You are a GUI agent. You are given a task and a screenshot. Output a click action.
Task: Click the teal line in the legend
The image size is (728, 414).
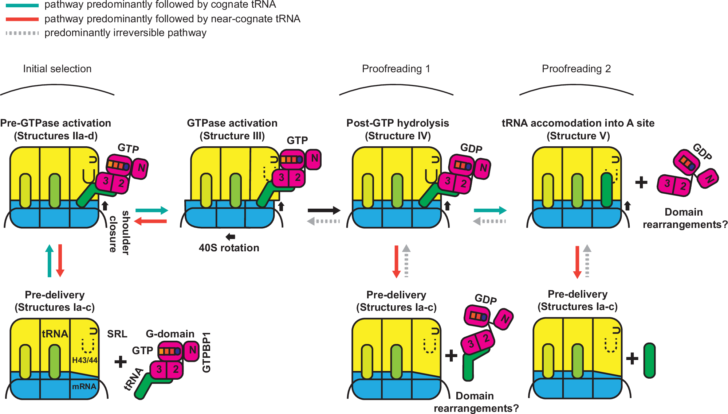(x=22, y=5)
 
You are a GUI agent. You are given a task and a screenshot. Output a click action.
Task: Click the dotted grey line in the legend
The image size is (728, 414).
(x=22, y=33)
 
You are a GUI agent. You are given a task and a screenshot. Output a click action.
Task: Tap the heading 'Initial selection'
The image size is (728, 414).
(x=57, y=69)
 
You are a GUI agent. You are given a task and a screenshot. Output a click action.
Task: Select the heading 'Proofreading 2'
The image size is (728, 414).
(x=576, y=69)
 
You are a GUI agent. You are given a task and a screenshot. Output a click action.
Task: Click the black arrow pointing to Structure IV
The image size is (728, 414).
(x=324, y=210)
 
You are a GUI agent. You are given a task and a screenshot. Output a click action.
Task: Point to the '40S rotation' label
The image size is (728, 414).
(x=229, y=248)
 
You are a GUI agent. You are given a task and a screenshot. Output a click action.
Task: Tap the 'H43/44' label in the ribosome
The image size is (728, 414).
(x=84, y=360)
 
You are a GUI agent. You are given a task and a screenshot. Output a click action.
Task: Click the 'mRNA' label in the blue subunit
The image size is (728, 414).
(x=84, y=387)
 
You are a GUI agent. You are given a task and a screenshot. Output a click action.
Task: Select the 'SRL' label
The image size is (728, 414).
(x=117, y=334)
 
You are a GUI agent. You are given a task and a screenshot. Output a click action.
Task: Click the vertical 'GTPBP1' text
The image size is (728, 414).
(x=206, y=352)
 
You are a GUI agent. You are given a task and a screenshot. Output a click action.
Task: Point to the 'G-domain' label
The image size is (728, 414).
(x=170, y=334)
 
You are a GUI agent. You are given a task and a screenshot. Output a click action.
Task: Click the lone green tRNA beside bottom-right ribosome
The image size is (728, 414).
(x=649, y=360)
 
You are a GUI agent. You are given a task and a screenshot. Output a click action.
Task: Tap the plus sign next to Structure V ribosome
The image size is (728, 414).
(x=641, y=182)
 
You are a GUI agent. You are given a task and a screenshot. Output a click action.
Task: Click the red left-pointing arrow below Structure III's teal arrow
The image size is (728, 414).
(x=150, y=221)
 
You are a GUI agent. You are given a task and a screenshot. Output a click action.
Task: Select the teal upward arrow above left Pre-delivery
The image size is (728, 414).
(x=50, y=261)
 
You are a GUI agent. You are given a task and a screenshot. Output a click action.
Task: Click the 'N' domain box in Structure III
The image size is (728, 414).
(x=314, y=159)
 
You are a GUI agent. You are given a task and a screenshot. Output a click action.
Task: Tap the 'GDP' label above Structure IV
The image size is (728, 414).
(x=471, y=148)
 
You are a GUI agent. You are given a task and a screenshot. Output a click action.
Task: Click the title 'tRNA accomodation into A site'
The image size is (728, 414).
(x=578, y=123)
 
